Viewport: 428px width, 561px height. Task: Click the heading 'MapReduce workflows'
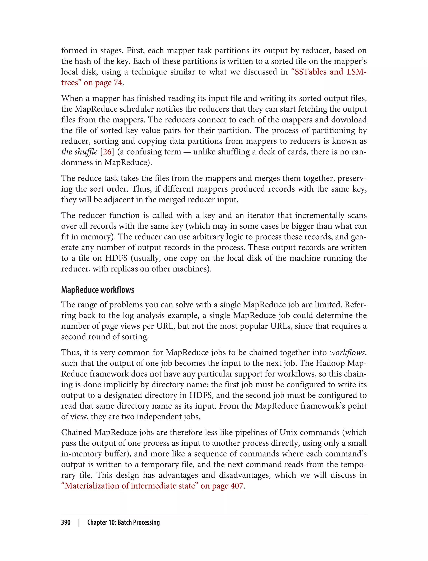click(x=98, y=290)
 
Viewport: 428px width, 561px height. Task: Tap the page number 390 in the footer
click(x=66, y=522)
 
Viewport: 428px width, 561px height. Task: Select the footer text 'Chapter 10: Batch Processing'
click(x=123, y=522)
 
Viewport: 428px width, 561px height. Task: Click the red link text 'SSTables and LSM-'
click(x=330, y=72)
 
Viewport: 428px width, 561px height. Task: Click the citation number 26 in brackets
click(x=107, y=152)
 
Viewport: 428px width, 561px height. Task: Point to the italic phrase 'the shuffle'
click(x=79, y=152)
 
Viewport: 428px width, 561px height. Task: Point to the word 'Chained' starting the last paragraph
click(x=76, y=432)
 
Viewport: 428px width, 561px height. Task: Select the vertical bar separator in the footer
click(x=79, y=522)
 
